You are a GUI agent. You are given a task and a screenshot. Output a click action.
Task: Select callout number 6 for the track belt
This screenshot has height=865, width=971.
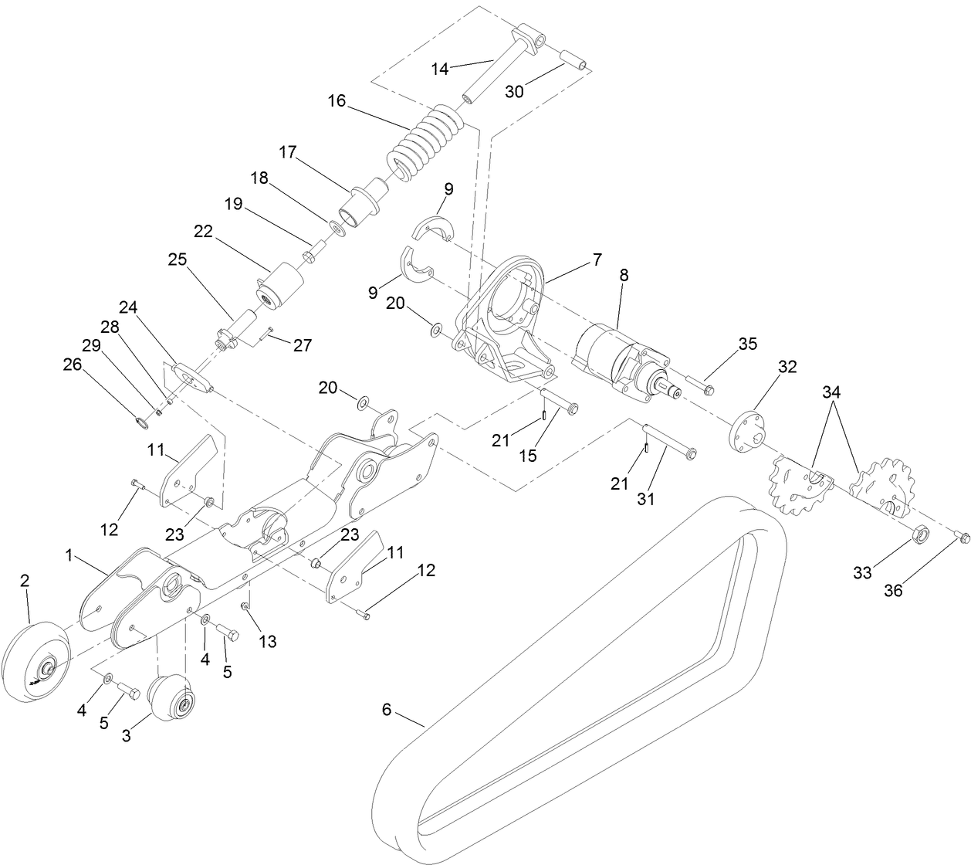pos(387,708)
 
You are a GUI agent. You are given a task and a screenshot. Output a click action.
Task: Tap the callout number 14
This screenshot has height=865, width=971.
pos(440,69)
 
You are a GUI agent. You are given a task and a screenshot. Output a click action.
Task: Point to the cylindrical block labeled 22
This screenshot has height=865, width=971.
pos(277,287)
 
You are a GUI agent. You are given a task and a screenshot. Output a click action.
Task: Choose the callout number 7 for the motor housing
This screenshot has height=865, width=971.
pos(597,260)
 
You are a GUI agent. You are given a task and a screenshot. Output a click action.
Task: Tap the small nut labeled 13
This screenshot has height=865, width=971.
pos(244,606)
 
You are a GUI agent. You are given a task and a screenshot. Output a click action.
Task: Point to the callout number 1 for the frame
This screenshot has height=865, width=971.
pos(69,555)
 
